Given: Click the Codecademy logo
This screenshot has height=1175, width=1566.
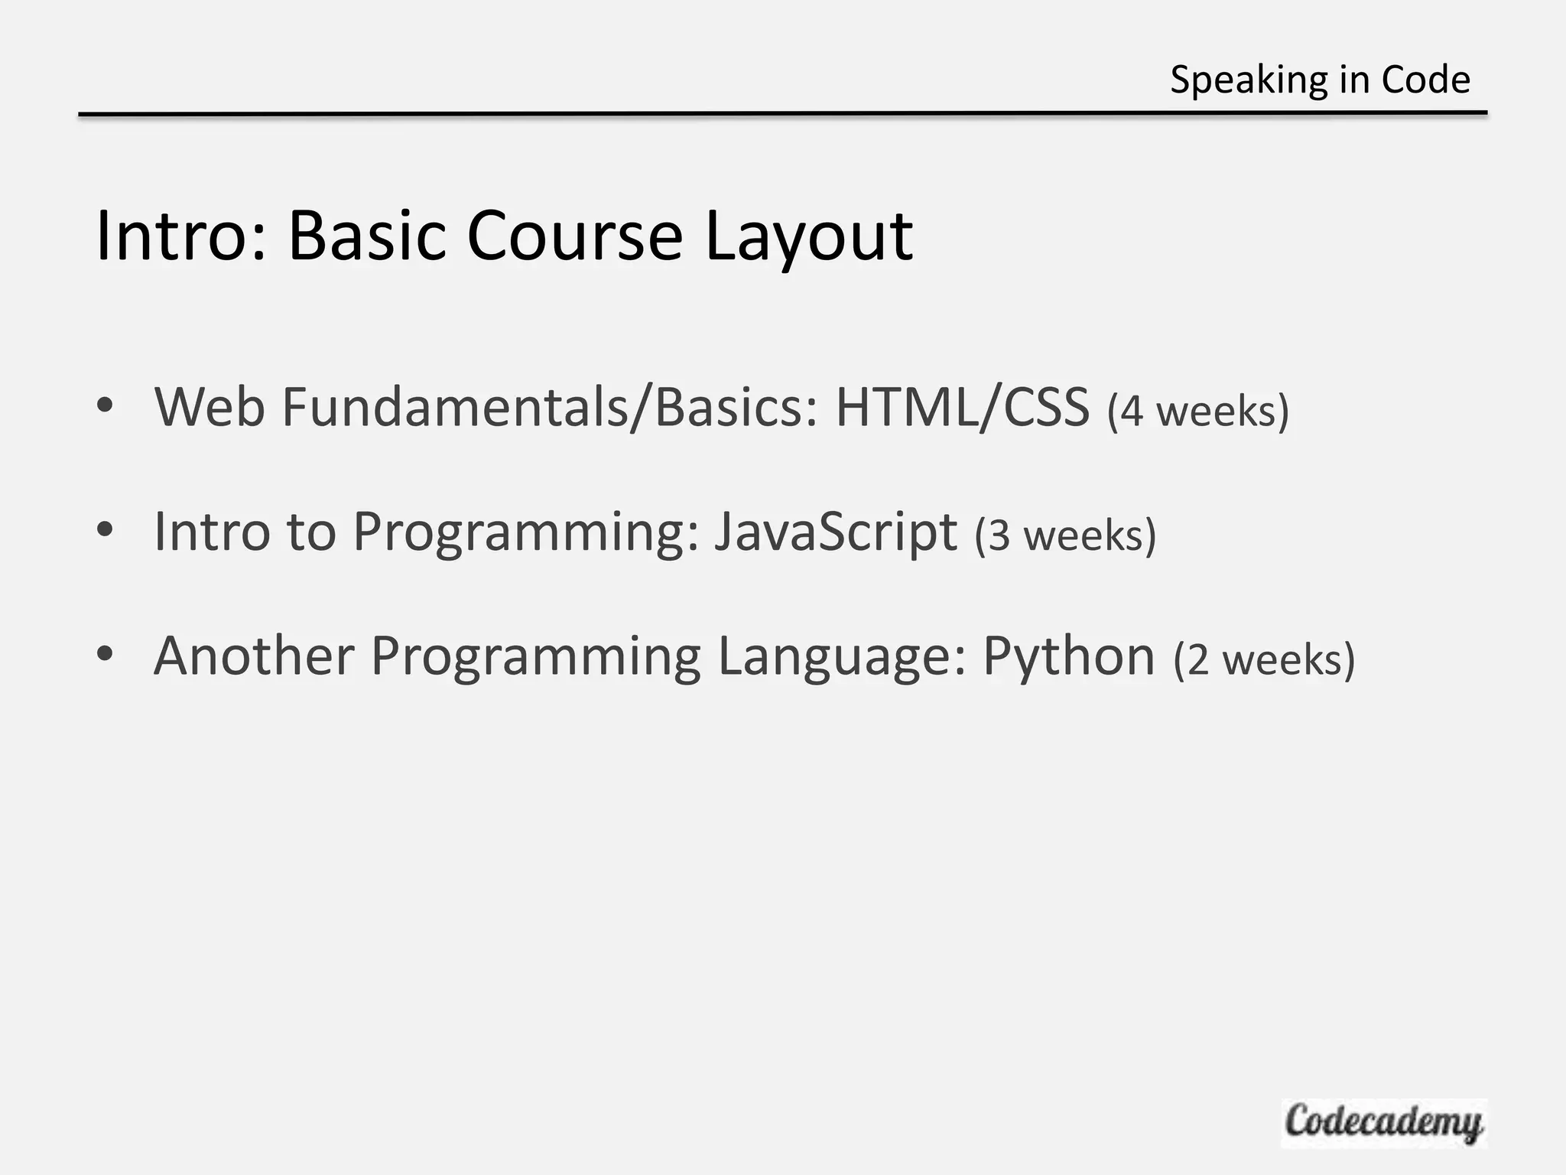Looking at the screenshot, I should [1383, 1123].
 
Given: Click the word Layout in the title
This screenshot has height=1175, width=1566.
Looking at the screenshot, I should [808, 237].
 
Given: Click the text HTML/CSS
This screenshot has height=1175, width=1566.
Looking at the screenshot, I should [962, 407].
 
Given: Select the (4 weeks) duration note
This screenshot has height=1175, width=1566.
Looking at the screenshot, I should [1197, 411].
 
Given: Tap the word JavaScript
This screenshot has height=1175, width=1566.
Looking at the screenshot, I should [835, 531].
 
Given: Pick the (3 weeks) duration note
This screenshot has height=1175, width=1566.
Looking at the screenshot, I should [1065, 535].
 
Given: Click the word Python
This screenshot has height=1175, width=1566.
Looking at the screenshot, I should [1068, 656].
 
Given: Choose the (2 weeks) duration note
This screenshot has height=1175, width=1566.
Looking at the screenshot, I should [1264, 659].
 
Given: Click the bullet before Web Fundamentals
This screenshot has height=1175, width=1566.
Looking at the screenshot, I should [106, 405].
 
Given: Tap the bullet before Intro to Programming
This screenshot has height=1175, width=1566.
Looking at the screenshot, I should [106, 529].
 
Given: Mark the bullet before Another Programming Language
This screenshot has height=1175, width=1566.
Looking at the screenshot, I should [106, 654].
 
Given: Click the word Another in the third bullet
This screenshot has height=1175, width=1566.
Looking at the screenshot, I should [254, 656].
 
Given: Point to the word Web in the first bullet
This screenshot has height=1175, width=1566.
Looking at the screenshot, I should [210, 407].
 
